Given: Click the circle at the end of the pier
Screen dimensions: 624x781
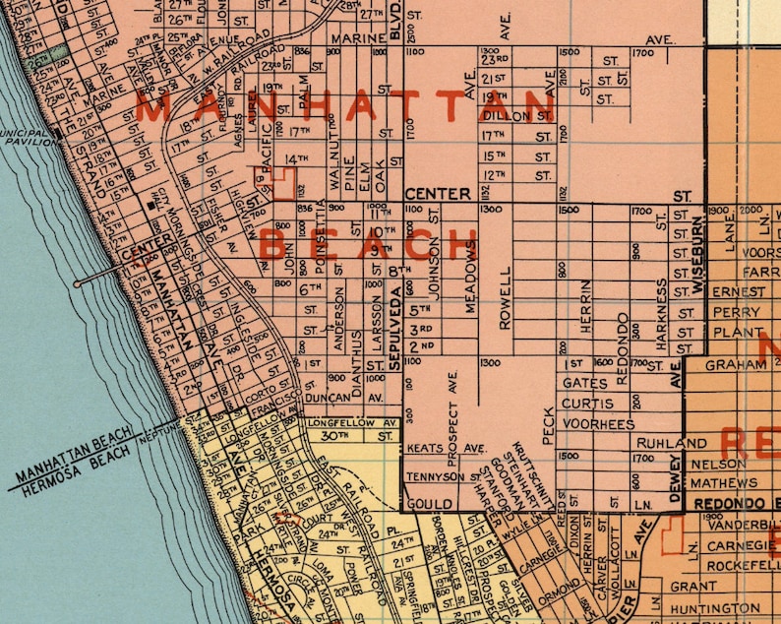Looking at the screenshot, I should tap(77, 284).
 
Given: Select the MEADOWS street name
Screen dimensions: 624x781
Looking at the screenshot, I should tap(470, 277).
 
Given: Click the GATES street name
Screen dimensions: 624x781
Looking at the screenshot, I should tap(586, 383).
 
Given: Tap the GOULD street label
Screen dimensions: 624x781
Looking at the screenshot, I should tap(430, 503).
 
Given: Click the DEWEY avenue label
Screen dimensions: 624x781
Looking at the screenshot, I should tap(676, 479).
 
